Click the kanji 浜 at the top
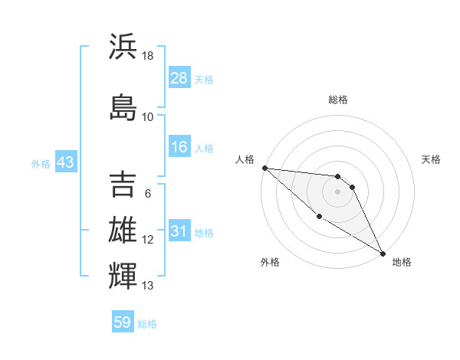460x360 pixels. click(123, 47)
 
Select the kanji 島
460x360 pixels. click(123, 105)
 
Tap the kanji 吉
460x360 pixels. click(123, 184)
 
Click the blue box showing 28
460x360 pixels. click(179, 78)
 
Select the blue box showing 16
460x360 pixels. click(179, 147)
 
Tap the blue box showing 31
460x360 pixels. click(179, 232)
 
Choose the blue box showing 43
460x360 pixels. click(65, 163)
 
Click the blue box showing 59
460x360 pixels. click(123, 322)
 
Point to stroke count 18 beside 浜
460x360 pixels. click(148, 56)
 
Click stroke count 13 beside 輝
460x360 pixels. click(148, 286)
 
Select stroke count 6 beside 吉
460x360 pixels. click(148, 193)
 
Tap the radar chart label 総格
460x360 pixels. click(338, 100)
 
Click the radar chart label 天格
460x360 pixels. click(432, 159)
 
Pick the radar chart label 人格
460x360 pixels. click(245, 159)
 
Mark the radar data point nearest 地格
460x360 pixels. click(383, 253)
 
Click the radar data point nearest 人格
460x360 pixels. click(264, 168)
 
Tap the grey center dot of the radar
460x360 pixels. click(338, 191)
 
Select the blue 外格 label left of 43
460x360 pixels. click(41, 164)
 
